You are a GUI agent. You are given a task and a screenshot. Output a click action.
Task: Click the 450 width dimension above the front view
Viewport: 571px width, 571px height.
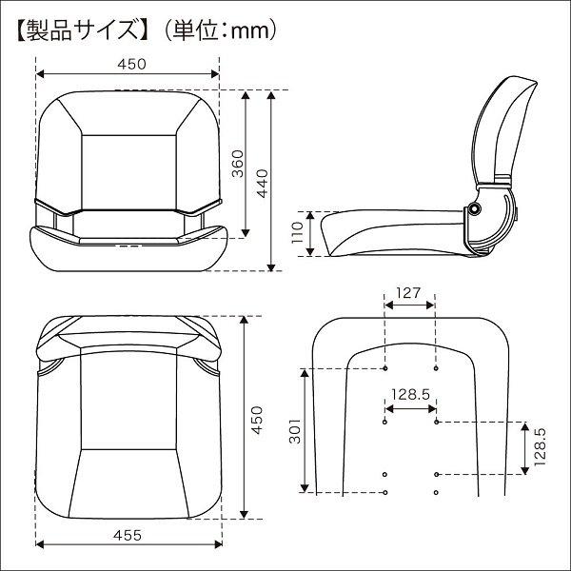[x=130, y=64]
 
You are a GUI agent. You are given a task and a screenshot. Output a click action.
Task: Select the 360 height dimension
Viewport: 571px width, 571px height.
[x=238, y=167]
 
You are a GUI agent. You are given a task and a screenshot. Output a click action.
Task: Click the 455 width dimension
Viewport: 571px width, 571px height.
[x=128, y=536]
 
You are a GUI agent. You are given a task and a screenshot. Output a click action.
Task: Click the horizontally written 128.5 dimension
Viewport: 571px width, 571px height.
[x=409, y=393]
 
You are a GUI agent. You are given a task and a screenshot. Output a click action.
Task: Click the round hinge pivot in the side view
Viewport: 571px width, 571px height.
[x=475, y=211]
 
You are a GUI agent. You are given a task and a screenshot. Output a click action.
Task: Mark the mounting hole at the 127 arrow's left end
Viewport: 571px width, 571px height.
[x=384, y=367]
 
